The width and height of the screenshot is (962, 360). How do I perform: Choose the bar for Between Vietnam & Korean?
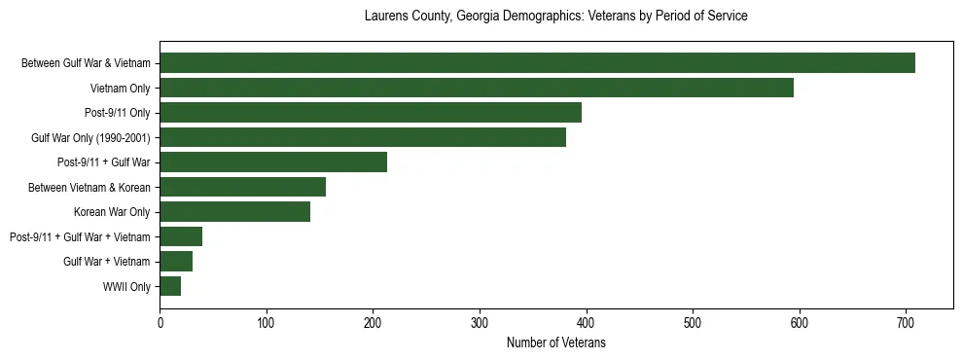(x=243, y=187)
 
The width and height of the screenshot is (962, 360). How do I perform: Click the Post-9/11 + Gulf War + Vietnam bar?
(x=181, y=236)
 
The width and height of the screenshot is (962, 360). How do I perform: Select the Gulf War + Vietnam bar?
(x=176, y=262)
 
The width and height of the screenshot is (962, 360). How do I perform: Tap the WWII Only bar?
(x=170, y=286)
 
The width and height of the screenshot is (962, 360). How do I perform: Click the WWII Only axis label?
(x=126, y=287)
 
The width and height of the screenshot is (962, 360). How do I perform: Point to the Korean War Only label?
(x=112, y=212)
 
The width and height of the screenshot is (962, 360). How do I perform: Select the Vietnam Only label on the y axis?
(x=121, y=89)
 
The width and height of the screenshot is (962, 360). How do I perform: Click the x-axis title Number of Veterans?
(x=556, y=342)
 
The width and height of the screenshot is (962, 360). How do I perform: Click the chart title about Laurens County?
(x=555, y=17)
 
